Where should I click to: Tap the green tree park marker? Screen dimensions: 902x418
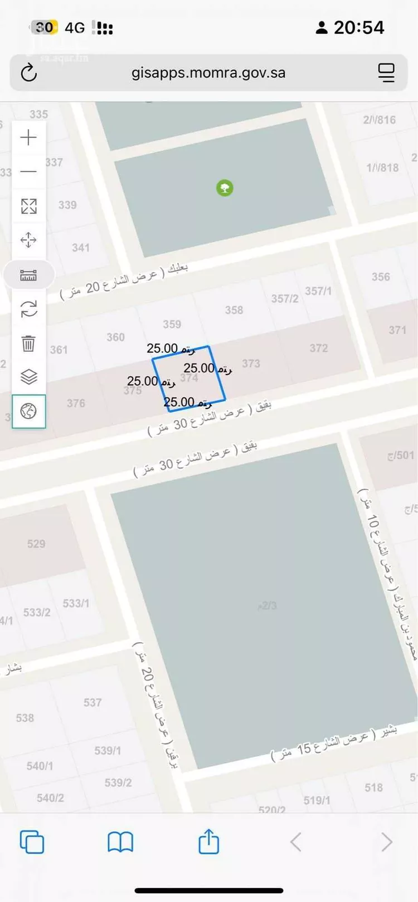click(225, 188)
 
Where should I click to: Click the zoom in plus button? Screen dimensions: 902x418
click(28, 137)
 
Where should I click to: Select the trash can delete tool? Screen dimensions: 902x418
click(28, 343)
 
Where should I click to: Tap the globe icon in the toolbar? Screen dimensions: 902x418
click(28, 411)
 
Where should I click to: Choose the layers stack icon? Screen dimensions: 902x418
click(28, 377)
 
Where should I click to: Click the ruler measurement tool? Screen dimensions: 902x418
click(28, 275)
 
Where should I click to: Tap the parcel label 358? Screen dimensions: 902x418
click(234, 310)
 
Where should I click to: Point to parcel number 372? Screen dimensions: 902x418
click(319, 348)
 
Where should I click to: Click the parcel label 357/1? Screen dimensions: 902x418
click(318, 291)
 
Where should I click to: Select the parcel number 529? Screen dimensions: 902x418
click(36, 544)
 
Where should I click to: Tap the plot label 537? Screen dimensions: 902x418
click(93, 702)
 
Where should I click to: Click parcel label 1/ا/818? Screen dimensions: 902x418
click(382, 167)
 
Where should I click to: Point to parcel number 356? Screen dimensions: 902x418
click(381, 277)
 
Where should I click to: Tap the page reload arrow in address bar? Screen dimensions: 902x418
click(29, 73)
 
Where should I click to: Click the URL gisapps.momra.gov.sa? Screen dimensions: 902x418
click(208, 73)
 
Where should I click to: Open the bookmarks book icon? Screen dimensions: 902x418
click(120, 842)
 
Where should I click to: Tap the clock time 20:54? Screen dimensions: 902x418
click(359, 27)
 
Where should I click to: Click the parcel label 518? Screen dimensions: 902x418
click(373, 787)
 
